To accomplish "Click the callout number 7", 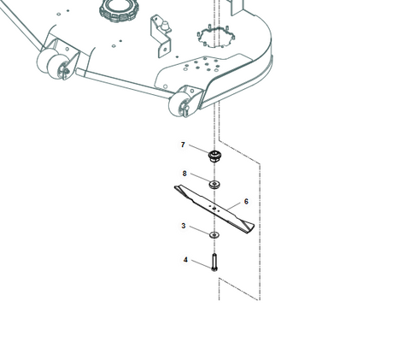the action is click(183, 145).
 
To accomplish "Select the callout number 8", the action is click(184, 174).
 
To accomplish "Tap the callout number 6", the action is click(246, 202).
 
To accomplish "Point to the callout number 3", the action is click(184, 226).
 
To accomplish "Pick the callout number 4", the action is click(185, 260).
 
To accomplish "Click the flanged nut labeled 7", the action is click(214, 156).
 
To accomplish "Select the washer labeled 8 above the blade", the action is click(215, 185).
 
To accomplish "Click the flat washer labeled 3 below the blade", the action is click(214, 235).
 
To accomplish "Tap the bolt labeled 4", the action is click(214, 263).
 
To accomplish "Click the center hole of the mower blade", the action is click(214, 208).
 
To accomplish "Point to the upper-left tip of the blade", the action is click(175, 187).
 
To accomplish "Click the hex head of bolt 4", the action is click(214, 269).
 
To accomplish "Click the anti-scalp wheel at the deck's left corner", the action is click(52, 62).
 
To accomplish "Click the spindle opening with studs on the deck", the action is click(215, 37).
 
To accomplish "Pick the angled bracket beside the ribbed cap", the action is click(161, 37).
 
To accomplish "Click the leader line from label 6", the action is click(235, 207).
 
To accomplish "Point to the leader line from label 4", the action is click(202, 264).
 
